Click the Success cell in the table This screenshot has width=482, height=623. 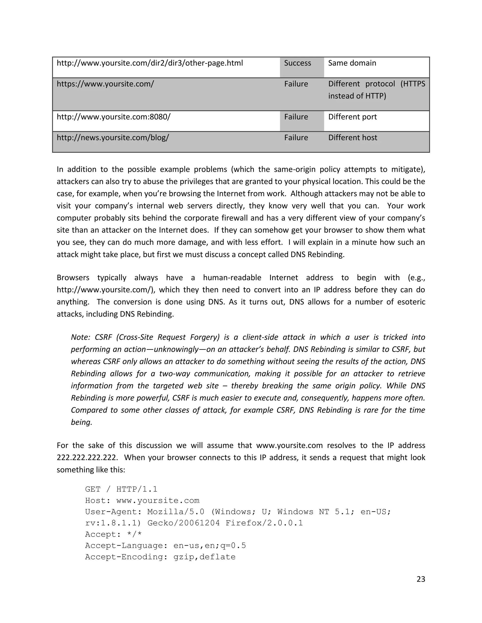(297, 63)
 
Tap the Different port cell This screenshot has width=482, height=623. (352, 117)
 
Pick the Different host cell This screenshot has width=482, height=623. (353, 138)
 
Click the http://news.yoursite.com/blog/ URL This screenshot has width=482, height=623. (113, 138)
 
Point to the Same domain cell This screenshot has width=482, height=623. (352, 63)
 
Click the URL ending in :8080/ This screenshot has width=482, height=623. (114, 117)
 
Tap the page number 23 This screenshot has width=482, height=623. (421, 579)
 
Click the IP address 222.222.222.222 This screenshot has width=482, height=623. (87, 457)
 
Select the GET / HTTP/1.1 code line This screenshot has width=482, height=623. (121, 489)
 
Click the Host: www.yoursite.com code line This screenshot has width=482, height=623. (142, 501)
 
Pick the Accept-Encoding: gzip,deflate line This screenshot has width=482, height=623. (160, 557)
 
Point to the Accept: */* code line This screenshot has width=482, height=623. (113, 534)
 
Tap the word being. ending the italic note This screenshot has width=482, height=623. (81, 422)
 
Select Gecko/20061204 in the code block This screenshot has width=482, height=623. (184, 523)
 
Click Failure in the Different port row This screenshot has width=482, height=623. (296, 117)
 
